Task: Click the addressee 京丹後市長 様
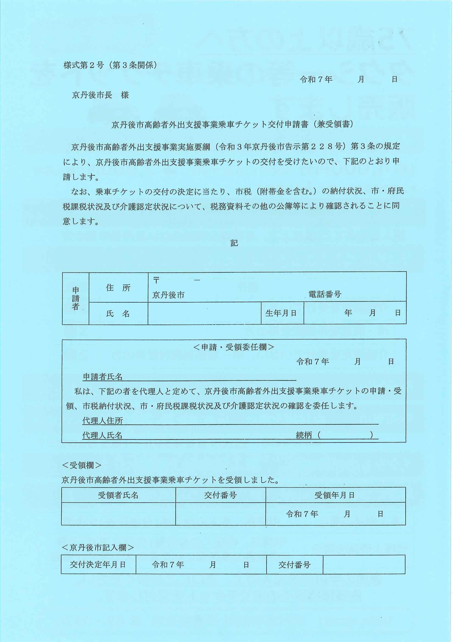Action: click(100, 95)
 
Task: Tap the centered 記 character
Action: click(234, 243)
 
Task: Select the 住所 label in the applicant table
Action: click(118, 288)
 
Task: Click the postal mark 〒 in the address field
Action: click(156, 280)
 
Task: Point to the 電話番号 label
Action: click(324, 294)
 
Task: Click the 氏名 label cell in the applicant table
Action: click(118, 314)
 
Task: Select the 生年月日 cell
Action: click(281, 313)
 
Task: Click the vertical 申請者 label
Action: click(75, 298)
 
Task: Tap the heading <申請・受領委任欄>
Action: click(234, 347)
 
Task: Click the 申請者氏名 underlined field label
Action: click(103, 377)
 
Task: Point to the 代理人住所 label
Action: click(103, 421)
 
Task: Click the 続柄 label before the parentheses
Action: click(304, 435)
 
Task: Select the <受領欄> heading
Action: click(82, 465)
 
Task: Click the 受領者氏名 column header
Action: click(118, 496)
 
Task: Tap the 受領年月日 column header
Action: click(335, 496)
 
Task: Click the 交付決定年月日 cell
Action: click(98, 565)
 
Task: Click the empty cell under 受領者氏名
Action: click(118, 514)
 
